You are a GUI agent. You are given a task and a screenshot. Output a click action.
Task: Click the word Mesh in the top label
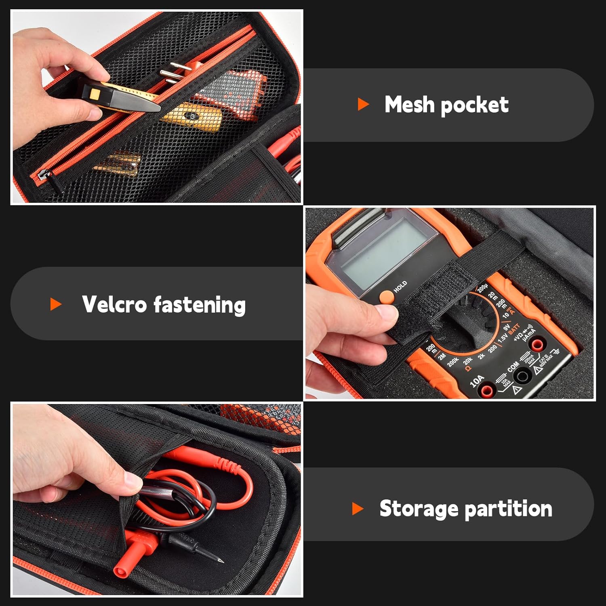coord(409,105)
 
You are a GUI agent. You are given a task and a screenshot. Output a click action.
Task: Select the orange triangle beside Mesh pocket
coord(363,105)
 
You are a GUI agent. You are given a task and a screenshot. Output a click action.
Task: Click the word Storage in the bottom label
coord(418,508)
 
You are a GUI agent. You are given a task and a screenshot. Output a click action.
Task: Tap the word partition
coord(509,509)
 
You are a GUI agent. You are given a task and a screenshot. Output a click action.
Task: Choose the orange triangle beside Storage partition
coord(358,508)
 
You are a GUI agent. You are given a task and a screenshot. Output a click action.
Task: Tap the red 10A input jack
coord(487,390)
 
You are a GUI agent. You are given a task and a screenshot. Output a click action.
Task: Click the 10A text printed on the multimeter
coord(476,381)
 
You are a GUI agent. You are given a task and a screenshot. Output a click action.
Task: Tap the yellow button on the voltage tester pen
coord(95,95)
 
